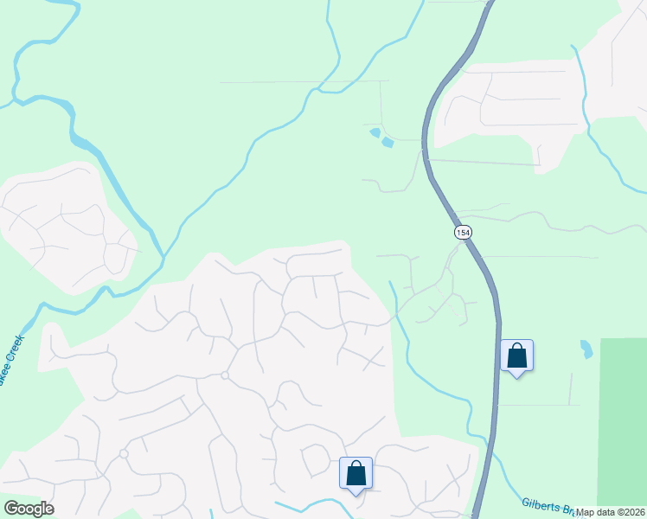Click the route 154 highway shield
[463, 232]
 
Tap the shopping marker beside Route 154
[516, 356]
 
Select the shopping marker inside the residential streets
[356, 473]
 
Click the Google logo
[29, 509]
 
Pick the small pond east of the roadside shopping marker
[586, 349]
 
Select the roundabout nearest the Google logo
[124, 453]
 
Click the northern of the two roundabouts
[224, 375]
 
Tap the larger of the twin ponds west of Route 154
[387, 142]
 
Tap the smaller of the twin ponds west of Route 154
[375, 132]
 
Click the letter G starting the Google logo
[11, 509]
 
